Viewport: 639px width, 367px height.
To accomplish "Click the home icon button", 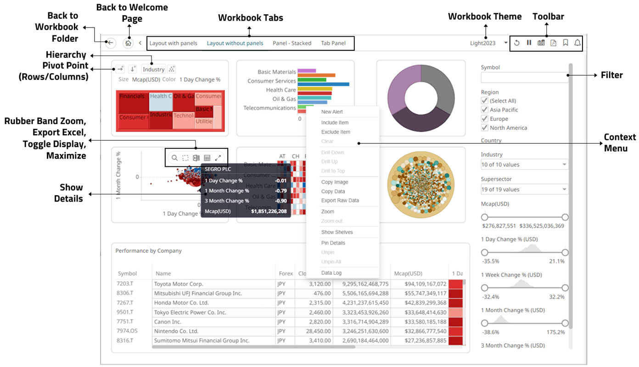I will tap(128, 43).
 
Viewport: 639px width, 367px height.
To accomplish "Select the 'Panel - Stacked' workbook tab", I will tap(292, 43).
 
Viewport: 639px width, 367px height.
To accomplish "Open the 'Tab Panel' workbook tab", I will tap(333, 43).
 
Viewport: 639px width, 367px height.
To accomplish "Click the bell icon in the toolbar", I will tap(577, 43).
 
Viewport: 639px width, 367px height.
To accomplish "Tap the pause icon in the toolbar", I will tap(529, 43).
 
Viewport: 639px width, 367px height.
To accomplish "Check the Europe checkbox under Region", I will tap(484, 119).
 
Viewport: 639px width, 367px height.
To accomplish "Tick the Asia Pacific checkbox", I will tap(484, 110).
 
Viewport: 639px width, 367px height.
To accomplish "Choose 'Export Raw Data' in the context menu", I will tap(340, 201).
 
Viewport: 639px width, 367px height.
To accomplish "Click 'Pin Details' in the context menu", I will tap(333, 243).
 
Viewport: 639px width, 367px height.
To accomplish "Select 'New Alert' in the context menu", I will tap(332, 112).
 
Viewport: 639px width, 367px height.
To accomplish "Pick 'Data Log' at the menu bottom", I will tap(331, 273).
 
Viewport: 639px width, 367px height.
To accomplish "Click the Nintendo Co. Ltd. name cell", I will tap(176, 331).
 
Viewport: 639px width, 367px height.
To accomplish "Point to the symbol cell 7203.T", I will tap(125, 284).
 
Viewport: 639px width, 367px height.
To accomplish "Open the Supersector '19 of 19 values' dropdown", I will tap(524, 189).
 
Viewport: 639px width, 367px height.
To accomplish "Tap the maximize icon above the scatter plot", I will tap(218, 158).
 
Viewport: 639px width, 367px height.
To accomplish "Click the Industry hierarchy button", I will tap(153, 69).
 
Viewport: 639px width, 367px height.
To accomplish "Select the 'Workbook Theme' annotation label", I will tap(485, 16).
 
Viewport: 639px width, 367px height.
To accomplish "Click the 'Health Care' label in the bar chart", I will tap(280, 90).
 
